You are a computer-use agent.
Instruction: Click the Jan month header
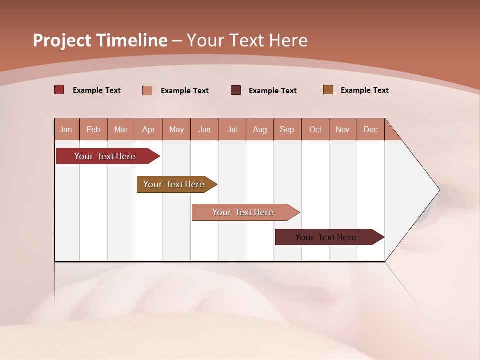click(66, 129)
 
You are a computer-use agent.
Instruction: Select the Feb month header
click(93, 129)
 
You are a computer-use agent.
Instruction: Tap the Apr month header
click(148, 129)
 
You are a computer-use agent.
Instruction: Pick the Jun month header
click(204, 129)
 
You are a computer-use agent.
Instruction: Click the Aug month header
click(259, 129)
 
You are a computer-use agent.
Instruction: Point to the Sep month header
click(287, 129)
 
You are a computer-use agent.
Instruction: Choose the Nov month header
click(342, 129)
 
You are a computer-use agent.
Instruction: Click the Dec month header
click(370, 129)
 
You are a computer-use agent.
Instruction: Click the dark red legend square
click(59, 90)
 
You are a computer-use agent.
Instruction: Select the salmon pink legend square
click(147, 90)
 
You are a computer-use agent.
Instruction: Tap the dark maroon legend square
click(236, 90)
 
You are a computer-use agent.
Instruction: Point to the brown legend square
click(328, 90)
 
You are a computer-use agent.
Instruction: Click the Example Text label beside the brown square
click(364, 90)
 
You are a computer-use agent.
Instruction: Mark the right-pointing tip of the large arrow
click(438, 190)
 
